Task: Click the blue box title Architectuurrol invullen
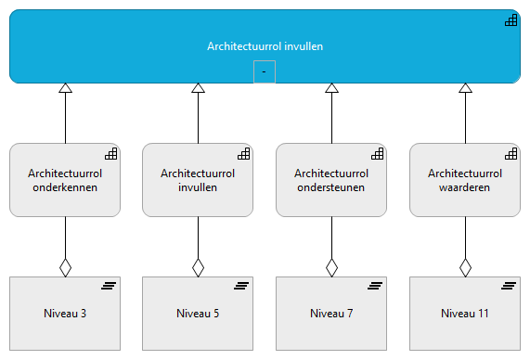tap(265, 45)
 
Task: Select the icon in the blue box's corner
tap(511, 20)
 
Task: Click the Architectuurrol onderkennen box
tap(64, 179)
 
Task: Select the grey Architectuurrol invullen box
tap(198, 179)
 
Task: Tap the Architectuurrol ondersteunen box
tap(331, 179)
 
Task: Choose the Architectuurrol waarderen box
tap(465, 179)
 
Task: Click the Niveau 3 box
tap(64, 313)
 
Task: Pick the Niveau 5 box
tap(198, 313)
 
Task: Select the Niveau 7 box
tap(331, 313)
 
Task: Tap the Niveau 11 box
tap(465, 313)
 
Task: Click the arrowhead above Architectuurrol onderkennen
tap(65, 89)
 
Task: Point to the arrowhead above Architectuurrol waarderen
tap(466, 89)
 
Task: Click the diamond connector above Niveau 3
tap(65, 267)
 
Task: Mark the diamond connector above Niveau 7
tap(332, 267)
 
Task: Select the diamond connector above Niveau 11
tap(466, 267)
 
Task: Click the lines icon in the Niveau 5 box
tap(242, 287)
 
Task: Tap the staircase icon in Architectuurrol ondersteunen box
tap(377, 153)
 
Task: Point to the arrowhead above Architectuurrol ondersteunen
tap(332, 89)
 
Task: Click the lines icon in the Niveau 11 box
tap(510, 287)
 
